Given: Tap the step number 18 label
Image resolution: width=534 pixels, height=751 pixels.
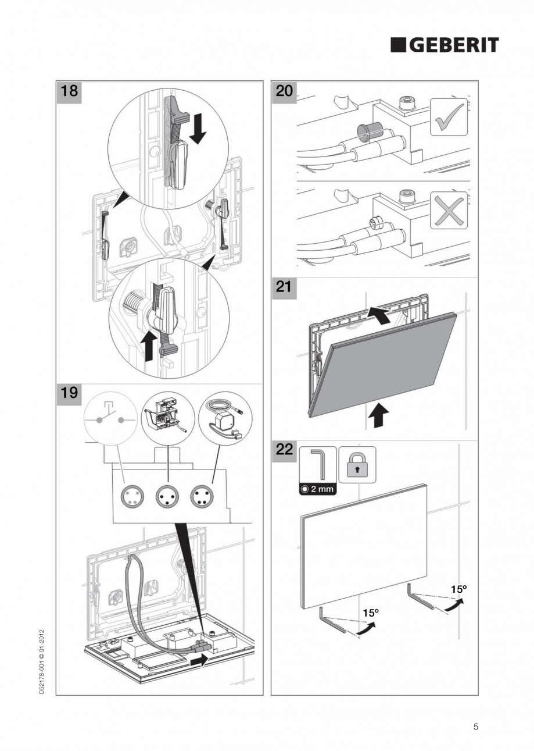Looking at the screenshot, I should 69,91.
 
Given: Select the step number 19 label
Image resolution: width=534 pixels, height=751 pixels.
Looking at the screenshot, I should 69,393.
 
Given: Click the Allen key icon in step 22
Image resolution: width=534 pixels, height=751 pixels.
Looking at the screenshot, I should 317,464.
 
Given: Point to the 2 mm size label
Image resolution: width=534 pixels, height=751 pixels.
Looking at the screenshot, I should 317,489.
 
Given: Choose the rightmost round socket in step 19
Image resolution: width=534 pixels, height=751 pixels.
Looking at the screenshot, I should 202,496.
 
